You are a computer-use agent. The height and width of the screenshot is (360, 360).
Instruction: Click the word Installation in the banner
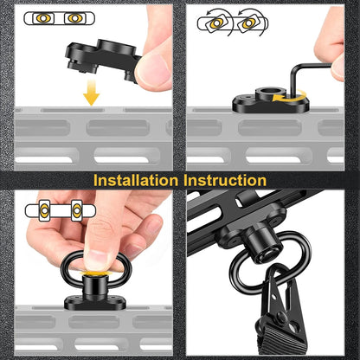[136, 181]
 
